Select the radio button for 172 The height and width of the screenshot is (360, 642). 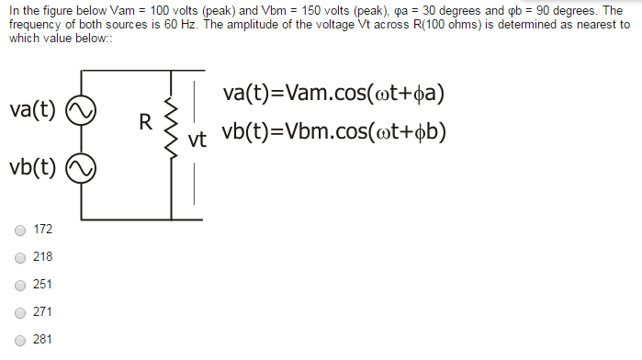(x=19, y=229)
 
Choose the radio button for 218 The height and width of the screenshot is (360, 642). (x=19, y=257)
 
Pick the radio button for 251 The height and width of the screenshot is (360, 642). (x=19, y=285)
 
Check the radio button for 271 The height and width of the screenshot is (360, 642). (x=19, y=312)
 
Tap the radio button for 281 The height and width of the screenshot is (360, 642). (x=19, y=340)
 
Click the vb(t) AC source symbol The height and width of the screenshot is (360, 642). (x=79, y=169)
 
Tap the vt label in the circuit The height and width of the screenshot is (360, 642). (x=197, y=141)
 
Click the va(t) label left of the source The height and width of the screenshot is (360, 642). (x=32, y=110)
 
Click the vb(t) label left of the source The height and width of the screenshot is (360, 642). (x=32, y=168)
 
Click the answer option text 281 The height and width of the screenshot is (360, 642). (x=42, y=340)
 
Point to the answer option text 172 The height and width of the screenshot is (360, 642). (x=42, y=229)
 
